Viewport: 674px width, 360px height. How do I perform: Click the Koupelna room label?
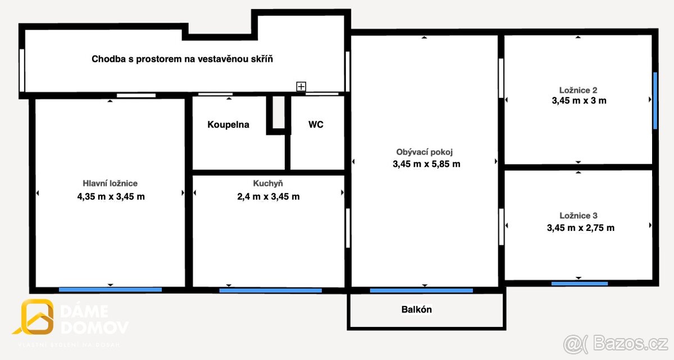click(228, 125)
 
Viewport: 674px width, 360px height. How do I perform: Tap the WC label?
click(316, 125)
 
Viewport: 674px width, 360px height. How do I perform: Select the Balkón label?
click(417, 309)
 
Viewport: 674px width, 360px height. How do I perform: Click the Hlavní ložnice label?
click(110, 183)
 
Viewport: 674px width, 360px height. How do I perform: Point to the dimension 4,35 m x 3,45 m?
click(111, 197)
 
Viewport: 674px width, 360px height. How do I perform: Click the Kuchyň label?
click(268, 183)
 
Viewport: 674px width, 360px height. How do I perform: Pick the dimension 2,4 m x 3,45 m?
click(268, 197)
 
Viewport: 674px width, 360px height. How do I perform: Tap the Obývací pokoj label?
click(425, 152)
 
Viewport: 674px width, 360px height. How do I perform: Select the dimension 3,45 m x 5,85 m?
click(426, 165)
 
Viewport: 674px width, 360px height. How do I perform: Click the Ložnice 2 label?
click(578, 90)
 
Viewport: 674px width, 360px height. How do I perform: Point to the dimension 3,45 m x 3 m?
click(578, 101)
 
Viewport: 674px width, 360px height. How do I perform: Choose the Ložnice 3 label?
click(579, 216)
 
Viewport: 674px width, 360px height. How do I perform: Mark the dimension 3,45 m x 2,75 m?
click(580, 228)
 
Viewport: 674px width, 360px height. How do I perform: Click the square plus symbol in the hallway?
click(302, 86)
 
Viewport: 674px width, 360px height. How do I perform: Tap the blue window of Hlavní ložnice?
click(110, 290)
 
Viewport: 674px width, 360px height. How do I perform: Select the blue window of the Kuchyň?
click(270, 290)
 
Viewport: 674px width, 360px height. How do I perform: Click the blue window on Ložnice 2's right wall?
click(655, 101)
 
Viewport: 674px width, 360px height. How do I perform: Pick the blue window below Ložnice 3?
click(579, 284)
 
